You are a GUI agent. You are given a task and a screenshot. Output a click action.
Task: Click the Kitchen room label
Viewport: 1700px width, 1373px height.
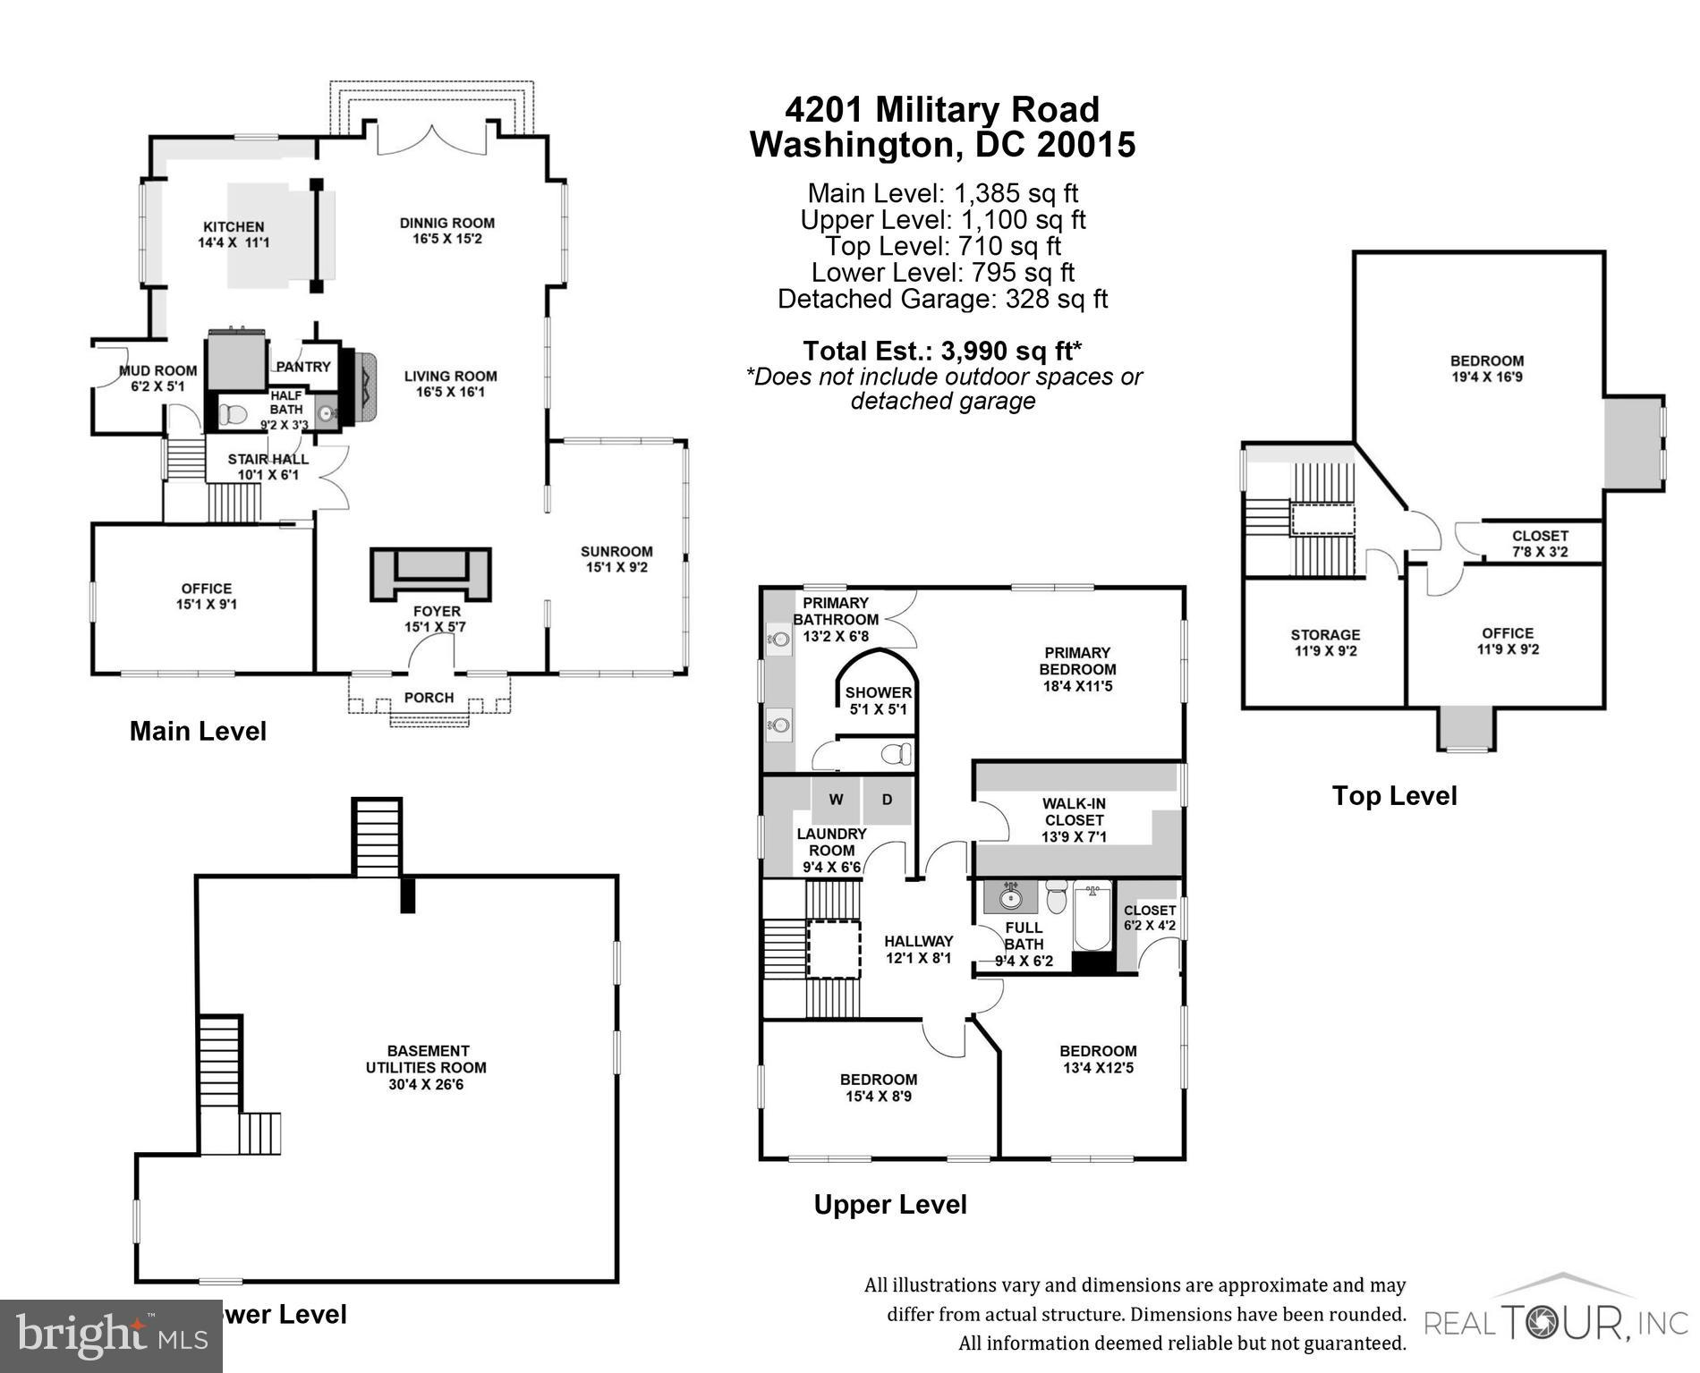click(x=233, y=227)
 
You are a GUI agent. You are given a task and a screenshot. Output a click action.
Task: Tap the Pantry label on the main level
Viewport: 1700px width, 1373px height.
click(x=303, y=367)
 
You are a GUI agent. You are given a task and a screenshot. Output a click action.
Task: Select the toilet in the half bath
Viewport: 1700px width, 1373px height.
click(x=234, y=414)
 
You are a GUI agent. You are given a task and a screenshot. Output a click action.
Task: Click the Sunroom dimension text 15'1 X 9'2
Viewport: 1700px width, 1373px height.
click(x=616, y=567)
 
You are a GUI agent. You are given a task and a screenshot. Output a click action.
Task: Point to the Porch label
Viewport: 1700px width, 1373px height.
click(x=429, y=698)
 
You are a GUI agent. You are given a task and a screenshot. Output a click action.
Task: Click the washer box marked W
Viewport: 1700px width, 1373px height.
click(x=836, y=800)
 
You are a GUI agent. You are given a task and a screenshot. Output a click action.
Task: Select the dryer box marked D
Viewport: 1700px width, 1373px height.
click(x=887, y=800)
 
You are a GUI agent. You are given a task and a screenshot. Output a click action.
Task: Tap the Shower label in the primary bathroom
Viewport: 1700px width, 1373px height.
click(x=878, y=692)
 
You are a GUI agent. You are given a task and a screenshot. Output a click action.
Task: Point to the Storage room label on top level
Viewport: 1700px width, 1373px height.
click(x=1325, y=635)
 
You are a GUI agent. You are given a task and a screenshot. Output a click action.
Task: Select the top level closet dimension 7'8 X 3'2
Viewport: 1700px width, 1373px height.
click(x=1540, y=552)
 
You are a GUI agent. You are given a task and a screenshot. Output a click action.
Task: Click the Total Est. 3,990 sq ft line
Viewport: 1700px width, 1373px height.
click(x=942, y=350)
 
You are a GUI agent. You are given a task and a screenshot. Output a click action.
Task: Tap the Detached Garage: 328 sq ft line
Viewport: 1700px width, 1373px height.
click(x=942, y=299)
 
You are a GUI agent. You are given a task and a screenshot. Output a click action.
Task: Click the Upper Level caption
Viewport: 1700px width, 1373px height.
click(x=890, y=1205)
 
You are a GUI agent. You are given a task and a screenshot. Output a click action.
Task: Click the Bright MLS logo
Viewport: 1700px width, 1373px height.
click(x=111, y=1336)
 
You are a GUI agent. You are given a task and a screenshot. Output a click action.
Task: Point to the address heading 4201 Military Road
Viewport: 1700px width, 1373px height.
click(x=942, y=110)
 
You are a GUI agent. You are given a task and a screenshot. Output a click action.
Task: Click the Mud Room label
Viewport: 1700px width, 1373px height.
click(x=157, y=370)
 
